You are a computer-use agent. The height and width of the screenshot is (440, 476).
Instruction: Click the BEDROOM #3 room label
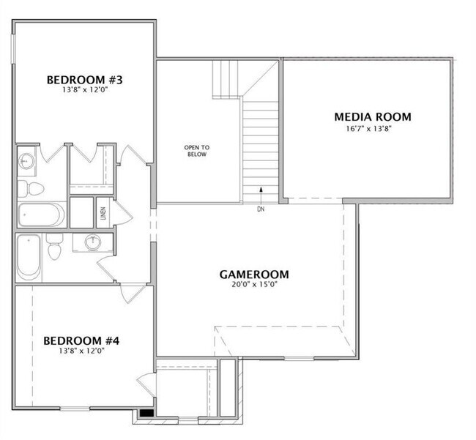85,80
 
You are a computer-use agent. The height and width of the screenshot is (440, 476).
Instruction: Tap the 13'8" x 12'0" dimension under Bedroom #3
85,90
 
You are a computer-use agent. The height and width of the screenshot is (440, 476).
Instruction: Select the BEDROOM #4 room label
81,340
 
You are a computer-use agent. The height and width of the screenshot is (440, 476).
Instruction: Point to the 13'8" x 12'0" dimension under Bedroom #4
82,351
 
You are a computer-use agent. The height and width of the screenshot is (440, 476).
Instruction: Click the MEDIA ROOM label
373,117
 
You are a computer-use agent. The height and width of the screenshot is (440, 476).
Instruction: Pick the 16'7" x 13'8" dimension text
369,128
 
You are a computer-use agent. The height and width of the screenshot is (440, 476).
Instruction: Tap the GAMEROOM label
254,275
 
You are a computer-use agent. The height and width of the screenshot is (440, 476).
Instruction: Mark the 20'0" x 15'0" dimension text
254,285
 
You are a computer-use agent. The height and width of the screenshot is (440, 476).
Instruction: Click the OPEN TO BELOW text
197,151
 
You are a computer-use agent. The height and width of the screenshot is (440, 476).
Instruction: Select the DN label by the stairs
261,209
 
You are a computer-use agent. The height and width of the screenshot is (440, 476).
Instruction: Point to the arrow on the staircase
261,194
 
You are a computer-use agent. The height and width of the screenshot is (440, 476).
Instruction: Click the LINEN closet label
103,213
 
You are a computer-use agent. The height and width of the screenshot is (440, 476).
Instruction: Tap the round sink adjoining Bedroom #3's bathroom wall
26,161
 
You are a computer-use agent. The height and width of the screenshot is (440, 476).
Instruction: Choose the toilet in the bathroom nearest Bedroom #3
31,189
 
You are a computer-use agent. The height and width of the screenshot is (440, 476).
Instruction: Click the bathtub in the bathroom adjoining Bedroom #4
29,258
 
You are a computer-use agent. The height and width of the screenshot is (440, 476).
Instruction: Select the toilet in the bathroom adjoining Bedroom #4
54,247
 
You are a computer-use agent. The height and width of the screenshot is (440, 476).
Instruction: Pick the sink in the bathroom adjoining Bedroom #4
93,242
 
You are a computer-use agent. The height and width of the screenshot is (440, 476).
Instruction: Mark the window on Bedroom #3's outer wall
13,48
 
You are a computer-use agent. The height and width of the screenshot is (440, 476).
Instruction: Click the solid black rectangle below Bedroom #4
146,413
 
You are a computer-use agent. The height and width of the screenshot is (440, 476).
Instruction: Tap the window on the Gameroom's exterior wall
299,359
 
